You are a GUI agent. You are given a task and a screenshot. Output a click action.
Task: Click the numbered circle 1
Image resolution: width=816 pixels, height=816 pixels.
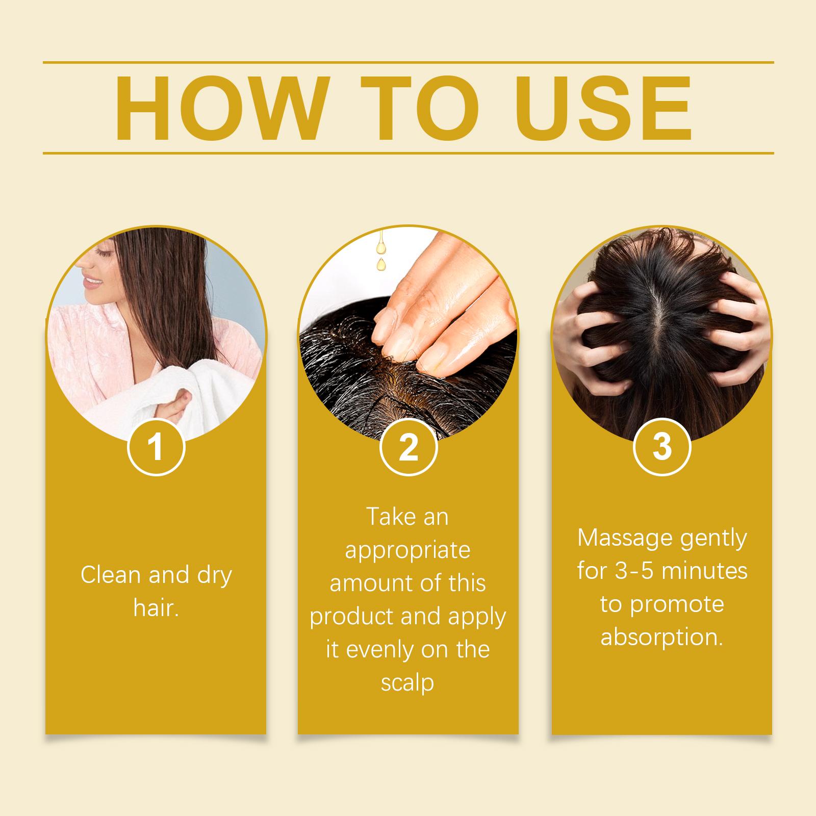[156, 447]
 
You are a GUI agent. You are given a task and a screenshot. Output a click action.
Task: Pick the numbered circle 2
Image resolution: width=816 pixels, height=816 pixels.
[408, 447]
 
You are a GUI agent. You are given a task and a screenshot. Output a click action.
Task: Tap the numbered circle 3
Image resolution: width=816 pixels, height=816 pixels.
[661, 447]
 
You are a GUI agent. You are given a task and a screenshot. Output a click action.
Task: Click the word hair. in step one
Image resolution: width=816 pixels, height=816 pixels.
[156, 607]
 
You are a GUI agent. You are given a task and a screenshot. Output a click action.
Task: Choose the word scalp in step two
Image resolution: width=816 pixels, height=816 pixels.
[407, 683]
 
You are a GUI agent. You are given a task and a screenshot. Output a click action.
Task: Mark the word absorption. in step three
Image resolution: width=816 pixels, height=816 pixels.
[661, 637]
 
